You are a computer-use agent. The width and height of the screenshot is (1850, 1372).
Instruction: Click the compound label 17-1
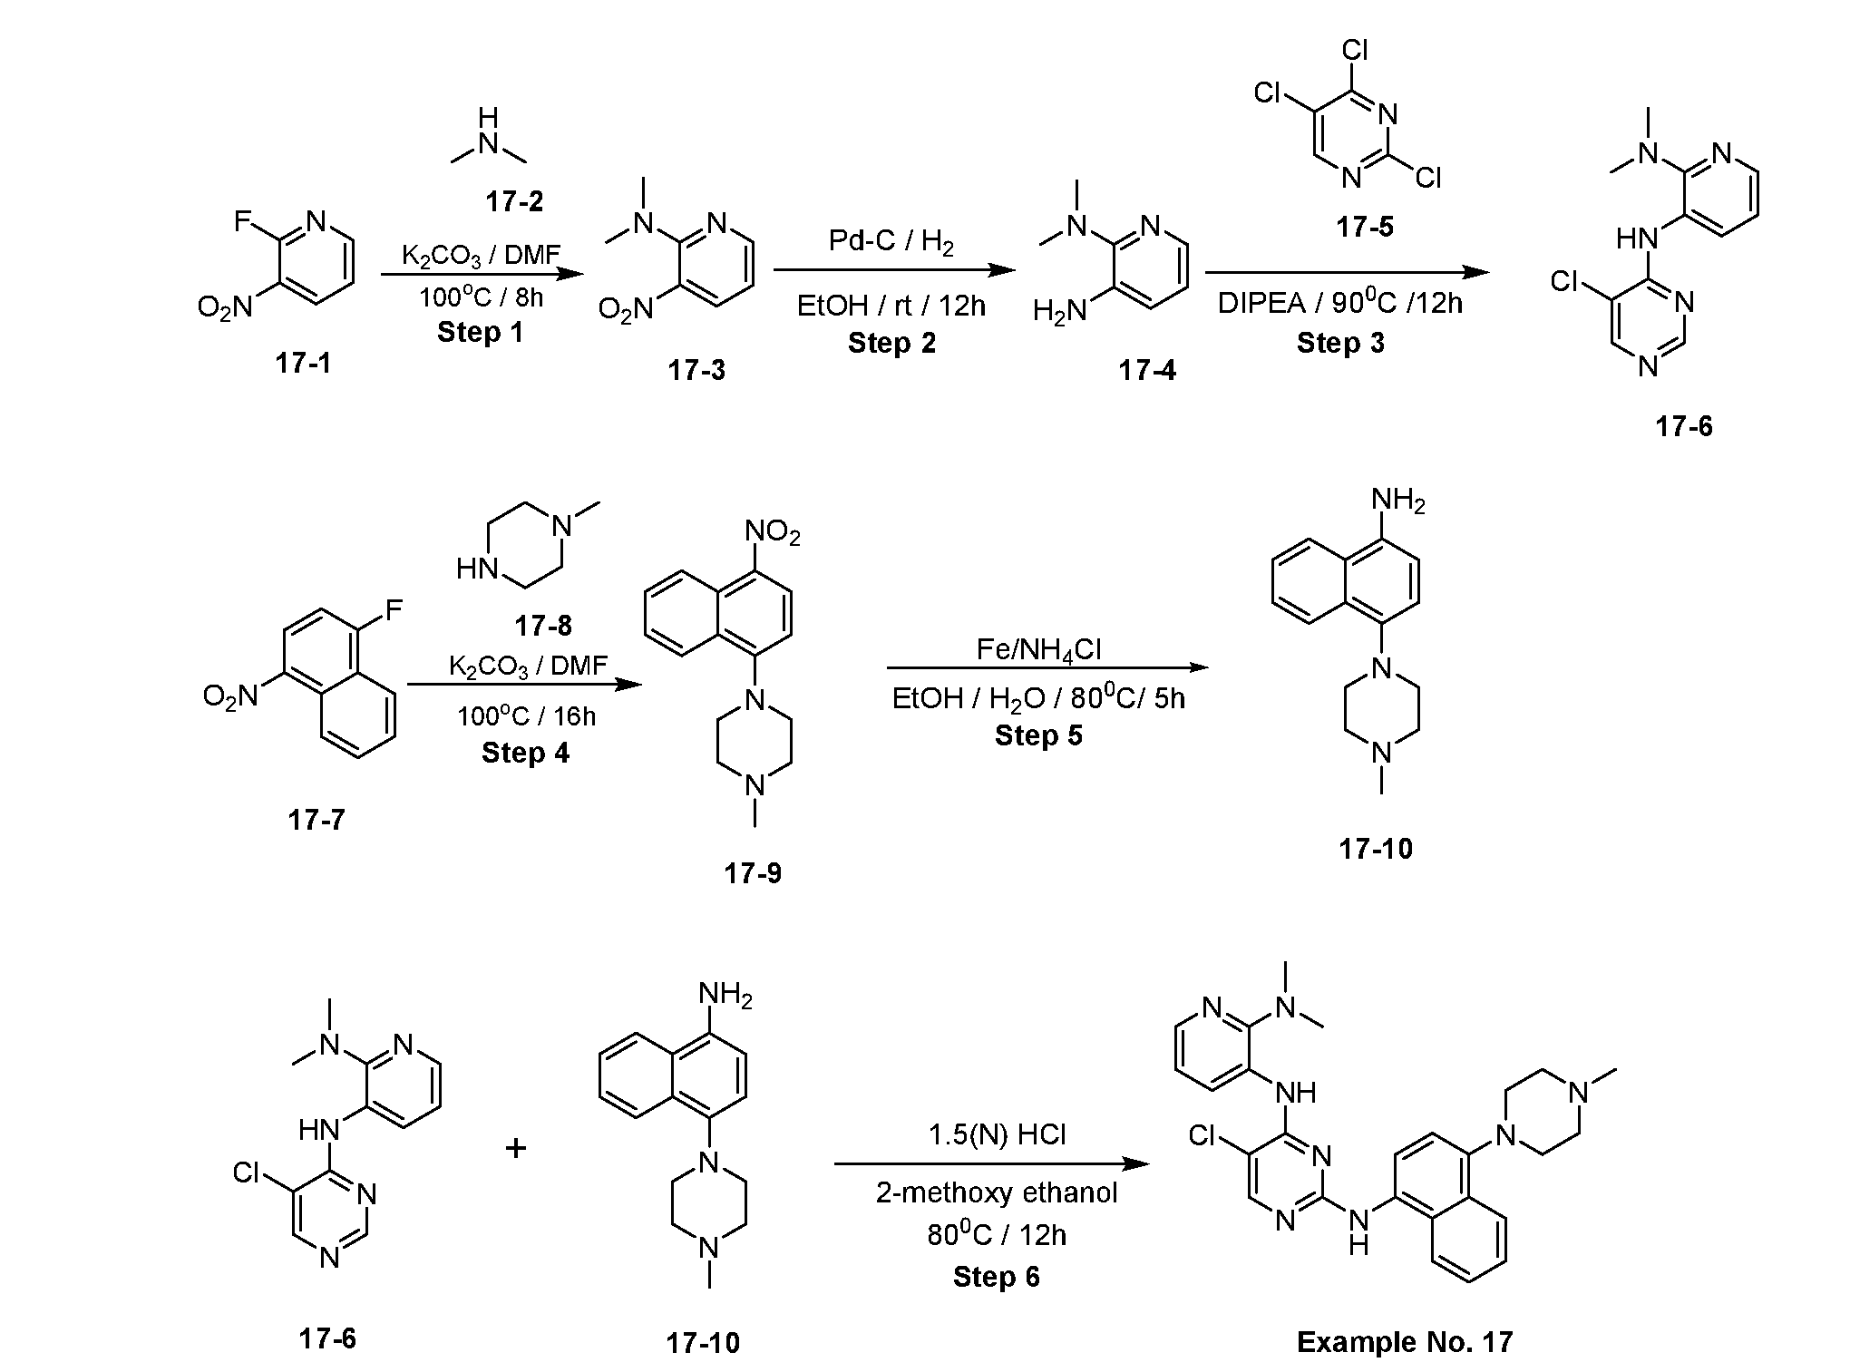pyautogui.click(x=303, y=363)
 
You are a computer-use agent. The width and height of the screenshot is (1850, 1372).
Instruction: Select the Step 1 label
pyautogui.click(x=481, y=332)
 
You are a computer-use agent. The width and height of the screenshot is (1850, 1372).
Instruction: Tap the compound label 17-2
pyautogui.click(x=514, y=201)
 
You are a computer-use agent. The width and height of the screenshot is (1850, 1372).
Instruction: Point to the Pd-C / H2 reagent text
pyautogui.click(x=891, y=241)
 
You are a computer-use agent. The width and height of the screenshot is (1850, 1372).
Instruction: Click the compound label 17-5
pyautogui.click(x=1365, y=227)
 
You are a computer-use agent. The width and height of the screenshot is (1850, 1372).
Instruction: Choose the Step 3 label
pyautogui.click(x=1340, y=343)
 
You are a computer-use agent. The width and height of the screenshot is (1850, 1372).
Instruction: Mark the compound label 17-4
pyautogui.click(x=1147, y=370)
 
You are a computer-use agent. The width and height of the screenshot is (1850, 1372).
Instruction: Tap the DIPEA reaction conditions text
pyautogui.click(x=1340, y=303)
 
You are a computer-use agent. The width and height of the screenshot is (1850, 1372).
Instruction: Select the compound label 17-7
pyautogui.click(x=316, y=820)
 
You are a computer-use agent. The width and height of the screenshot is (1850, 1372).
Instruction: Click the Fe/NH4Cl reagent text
pyautogui.click(x=1039, y=650)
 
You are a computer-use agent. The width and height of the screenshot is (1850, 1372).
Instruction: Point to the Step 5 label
pyautogui.click(x=1039, y=735)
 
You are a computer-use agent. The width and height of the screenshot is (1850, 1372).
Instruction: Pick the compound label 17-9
pyautogui.click(x=753, y=873)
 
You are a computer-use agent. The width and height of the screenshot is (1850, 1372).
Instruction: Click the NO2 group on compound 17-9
pyautogui.click(x=774, y=532)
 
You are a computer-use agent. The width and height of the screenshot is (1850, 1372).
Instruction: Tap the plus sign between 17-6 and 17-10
pyautogui.click(x=516, y=1149)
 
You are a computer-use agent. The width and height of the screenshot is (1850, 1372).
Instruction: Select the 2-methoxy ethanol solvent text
pyautogui.click(x=997, y=1192)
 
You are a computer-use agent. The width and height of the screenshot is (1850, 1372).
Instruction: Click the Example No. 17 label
pyautogui.click(x=1405, y=1342)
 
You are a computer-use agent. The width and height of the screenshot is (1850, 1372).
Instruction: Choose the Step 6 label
pyautogui.click(x=997, y=1277)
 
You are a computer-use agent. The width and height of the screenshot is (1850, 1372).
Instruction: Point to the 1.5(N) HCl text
pyautogui.click(x=997, y=1134)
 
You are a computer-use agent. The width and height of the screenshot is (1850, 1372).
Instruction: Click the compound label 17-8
pyautogui.click(x=543, y=625)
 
